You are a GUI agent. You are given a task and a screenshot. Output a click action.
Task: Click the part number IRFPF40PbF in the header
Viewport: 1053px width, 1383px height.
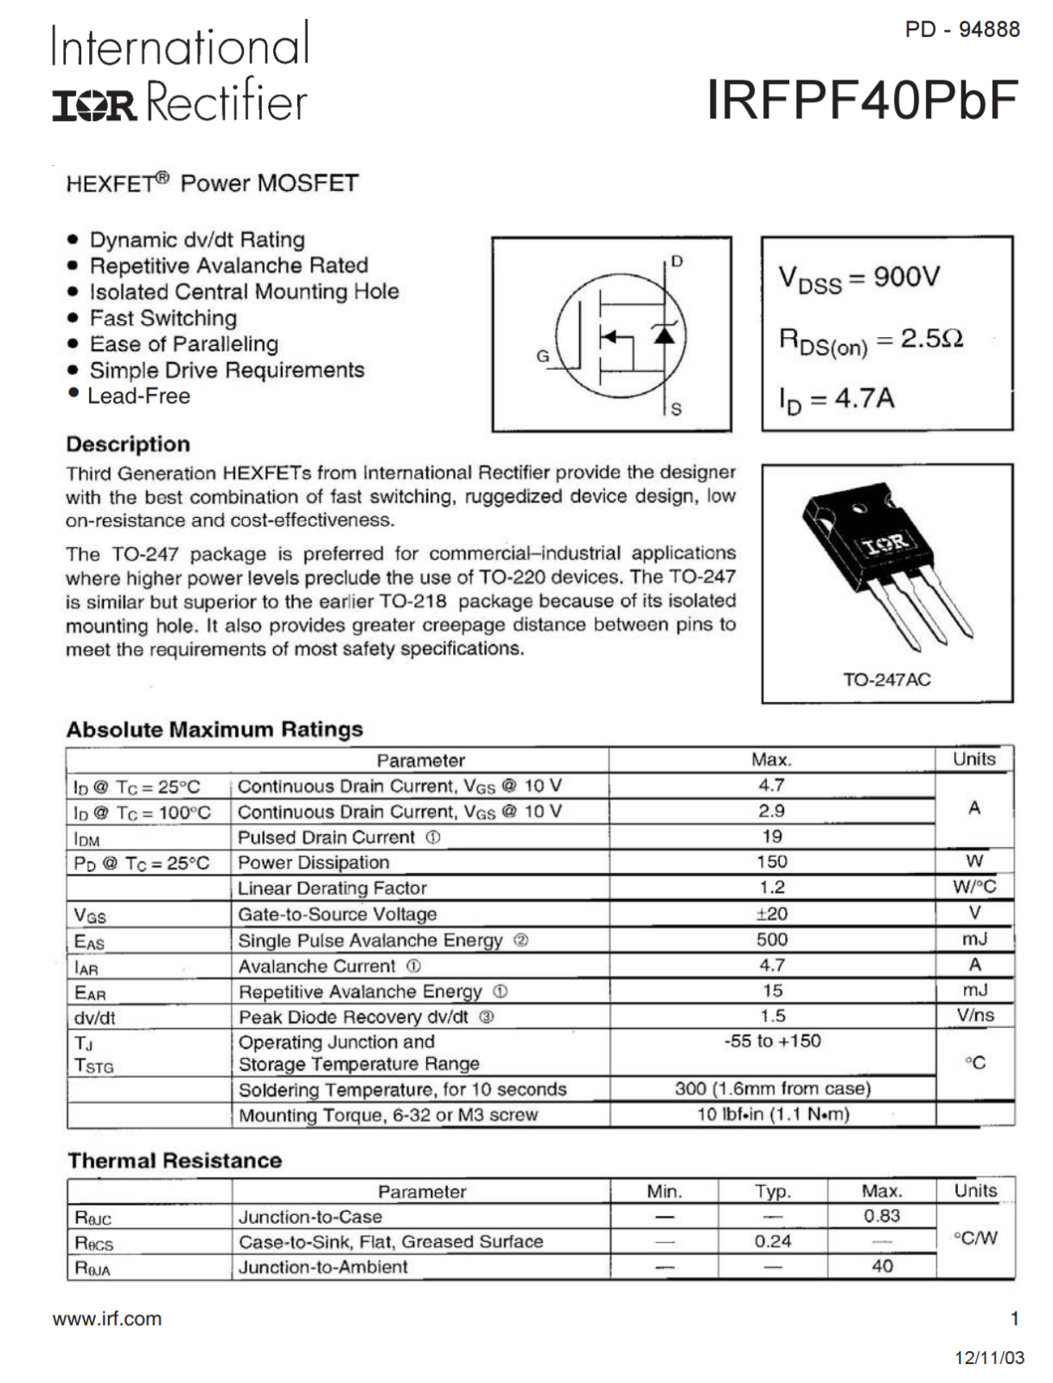(x=862, y=100)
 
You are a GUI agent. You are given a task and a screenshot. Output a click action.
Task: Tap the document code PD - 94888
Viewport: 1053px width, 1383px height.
(x=961, y=29)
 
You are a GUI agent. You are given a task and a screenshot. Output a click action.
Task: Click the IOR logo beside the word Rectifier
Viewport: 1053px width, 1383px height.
(x=93, y=105)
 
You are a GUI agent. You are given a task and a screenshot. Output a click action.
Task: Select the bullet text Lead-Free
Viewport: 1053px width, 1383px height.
(x=138, y=396)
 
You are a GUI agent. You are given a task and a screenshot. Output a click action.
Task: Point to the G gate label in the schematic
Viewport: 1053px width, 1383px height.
(x=543, y=355)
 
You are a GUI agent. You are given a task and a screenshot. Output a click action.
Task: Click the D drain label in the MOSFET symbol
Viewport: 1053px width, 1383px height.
(x=677, y=261)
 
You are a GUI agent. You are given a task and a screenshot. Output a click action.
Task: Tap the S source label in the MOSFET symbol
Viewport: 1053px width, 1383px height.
(x=676, y=409)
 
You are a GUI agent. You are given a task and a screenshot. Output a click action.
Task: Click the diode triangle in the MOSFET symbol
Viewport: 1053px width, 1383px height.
(x=664, y=334)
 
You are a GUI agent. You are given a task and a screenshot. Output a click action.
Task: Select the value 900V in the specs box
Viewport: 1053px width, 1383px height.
(x=906, y=277)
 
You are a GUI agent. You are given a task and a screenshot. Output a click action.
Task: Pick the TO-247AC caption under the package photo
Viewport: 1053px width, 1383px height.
(x=887, y=679)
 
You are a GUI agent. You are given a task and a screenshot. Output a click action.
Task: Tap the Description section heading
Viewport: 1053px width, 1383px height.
(x=128, y=444)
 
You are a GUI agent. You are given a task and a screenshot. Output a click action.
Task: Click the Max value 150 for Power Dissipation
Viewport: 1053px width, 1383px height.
(x=771, y=862)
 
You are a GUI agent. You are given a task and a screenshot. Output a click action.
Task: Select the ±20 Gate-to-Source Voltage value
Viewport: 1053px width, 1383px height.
(x=771, y=914)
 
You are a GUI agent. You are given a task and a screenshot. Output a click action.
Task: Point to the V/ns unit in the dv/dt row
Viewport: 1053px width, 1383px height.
(x=975, y=1016)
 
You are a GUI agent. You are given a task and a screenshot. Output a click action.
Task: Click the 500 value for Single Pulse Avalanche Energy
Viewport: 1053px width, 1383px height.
(x=771, y=940)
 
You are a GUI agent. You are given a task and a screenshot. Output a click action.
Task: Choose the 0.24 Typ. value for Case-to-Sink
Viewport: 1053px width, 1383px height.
(x=772, y=1241)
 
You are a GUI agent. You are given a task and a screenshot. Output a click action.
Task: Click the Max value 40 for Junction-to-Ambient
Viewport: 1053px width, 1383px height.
(x=882, y=1266)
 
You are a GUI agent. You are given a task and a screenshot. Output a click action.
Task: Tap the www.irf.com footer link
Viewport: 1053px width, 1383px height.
(x=107, y=1319)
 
